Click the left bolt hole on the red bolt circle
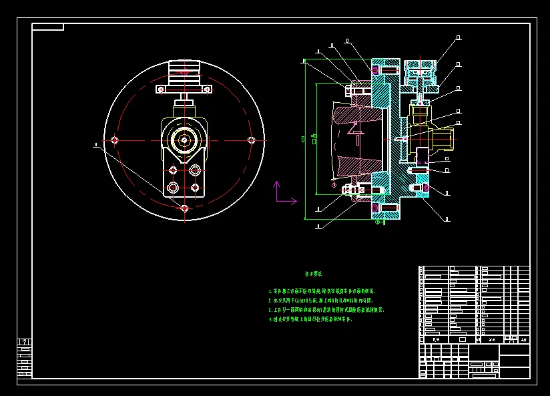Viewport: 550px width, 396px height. (x=115, y=140)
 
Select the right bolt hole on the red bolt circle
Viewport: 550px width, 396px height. (x=251, y=140)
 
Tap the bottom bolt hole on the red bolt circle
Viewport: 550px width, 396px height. (x=184, y=208)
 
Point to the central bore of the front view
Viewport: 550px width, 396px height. (x=184, y=140)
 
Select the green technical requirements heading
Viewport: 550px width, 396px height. (x=314, y=274)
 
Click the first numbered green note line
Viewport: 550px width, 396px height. (x=322, y=291)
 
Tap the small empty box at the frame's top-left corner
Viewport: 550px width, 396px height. (x=48, y=27)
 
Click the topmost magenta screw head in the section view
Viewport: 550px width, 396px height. (x=374, y=69)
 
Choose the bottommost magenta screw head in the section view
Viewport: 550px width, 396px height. (x=374, y=208)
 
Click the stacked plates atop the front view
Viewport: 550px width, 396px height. (x=184, y=69)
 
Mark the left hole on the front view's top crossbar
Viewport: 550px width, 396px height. (x=161, y=89)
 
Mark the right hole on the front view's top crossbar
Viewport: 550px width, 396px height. (x=207, y=89)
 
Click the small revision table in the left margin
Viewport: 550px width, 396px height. (x=24, y=358)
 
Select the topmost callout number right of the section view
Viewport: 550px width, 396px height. (x=459, y=38)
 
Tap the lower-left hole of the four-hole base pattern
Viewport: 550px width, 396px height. (x=173, y=188)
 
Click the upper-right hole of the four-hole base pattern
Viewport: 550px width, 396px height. (x=195, y=169)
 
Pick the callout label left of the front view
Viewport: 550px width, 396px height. (x=96, y=144)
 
